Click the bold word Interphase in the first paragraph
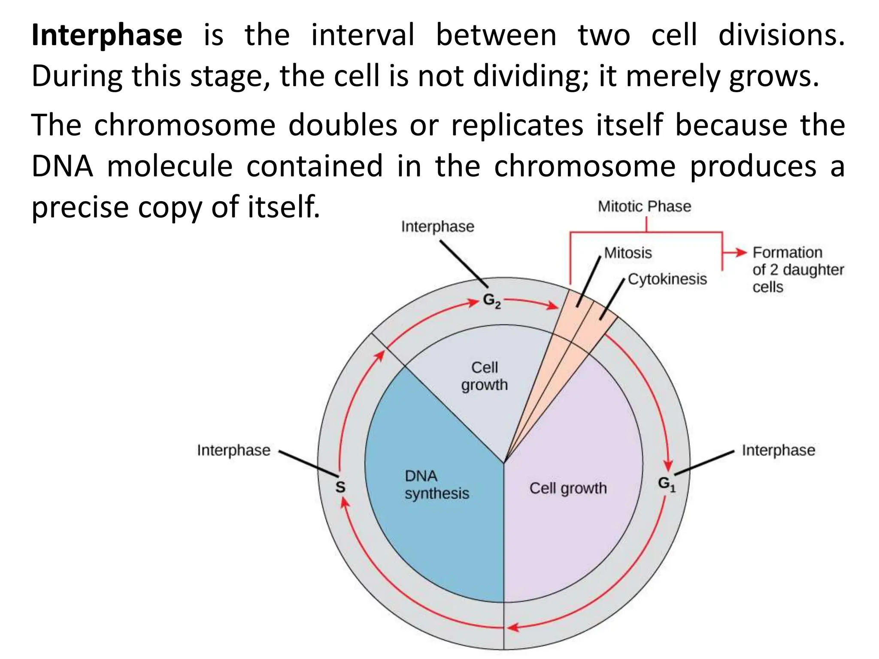pos(107,36)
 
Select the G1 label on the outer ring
pos(667,484)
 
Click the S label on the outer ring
pos(340,487)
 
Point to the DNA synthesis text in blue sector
pos(436,485)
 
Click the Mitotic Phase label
pos(644,206)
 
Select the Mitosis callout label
pos(627,253)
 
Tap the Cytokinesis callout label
pos(667,279)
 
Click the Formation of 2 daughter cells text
pos(797,269)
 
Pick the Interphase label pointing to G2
pos(437,227)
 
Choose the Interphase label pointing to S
pos(233,450)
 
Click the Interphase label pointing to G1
pos(778,450)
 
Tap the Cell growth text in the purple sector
pos(568,488)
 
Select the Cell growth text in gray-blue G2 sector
pos(484,376)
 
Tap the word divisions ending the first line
pos(781,36)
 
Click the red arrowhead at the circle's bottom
pos(513,628)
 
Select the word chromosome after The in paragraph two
pos(185,125)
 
